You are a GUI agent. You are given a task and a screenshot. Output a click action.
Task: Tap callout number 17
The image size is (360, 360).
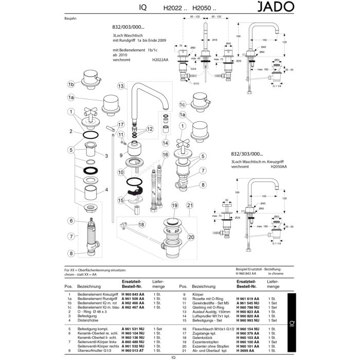(120, 124)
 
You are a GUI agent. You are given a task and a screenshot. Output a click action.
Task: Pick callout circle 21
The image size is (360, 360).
(190, 206)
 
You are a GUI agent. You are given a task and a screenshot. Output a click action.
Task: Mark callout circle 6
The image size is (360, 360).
(71, 221)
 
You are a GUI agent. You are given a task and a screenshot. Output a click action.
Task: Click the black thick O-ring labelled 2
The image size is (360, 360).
(91, 135)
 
